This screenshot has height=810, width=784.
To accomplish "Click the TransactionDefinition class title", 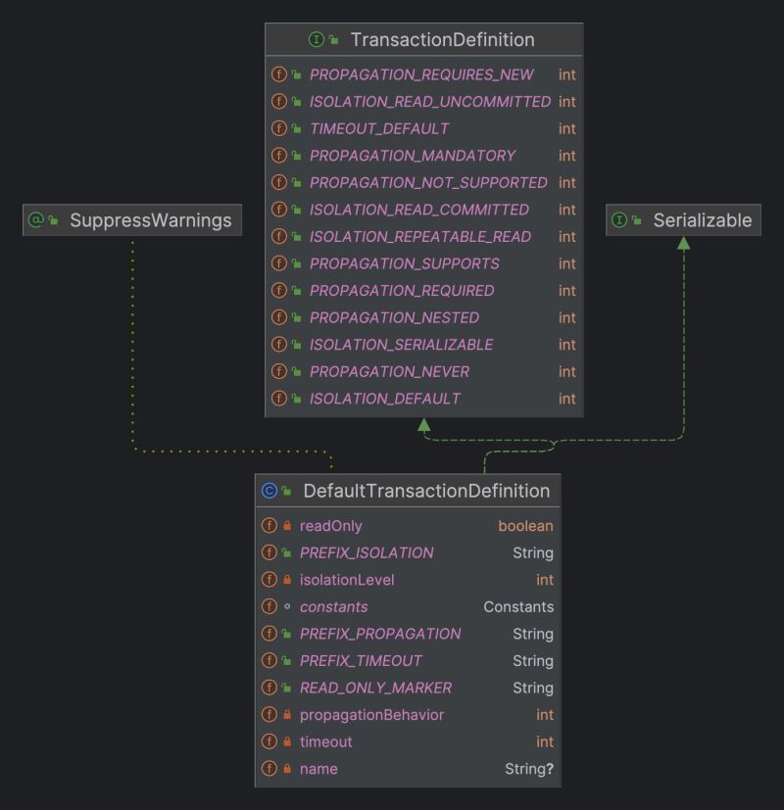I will (x=442, y=40).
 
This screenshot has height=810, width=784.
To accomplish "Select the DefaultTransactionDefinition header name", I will (x=426, y=491).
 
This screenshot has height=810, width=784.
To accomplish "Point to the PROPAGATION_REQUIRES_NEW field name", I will (x=421, y=74).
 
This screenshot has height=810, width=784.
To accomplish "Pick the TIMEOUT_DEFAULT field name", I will (x=378, y=128).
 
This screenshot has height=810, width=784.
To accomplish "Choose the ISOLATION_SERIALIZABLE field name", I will (x=401, y=345).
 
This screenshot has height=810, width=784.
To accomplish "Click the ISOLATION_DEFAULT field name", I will (x=384, y=399).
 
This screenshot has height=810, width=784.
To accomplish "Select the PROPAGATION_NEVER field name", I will (x=389, y=371).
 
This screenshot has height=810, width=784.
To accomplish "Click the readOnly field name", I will (x=331, y=526).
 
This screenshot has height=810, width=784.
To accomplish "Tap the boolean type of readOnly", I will (x=525, y=526).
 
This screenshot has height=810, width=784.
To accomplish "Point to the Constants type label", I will (x=518, y=607).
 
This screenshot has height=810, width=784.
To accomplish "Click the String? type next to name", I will (x=529, y=769).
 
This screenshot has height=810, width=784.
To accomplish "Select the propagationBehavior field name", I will (x=371, y=715).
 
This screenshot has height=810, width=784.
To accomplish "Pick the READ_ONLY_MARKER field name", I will (x=375, y=688).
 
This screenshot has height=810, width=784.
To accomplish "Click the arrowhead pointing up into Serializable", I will (x=683, y=243).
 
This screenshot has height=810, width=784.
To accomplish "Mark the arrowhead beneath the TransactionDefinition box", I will (x=423, y=425).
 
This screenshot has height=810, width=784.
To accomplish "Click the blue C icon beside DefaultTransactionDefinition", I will (x=269, y=491).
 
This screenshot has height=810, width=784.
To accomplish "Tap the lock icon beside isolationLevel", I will (x=287, y=580).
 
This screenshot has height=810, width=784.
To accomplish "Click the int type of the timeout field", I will (x=544, y=741).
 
